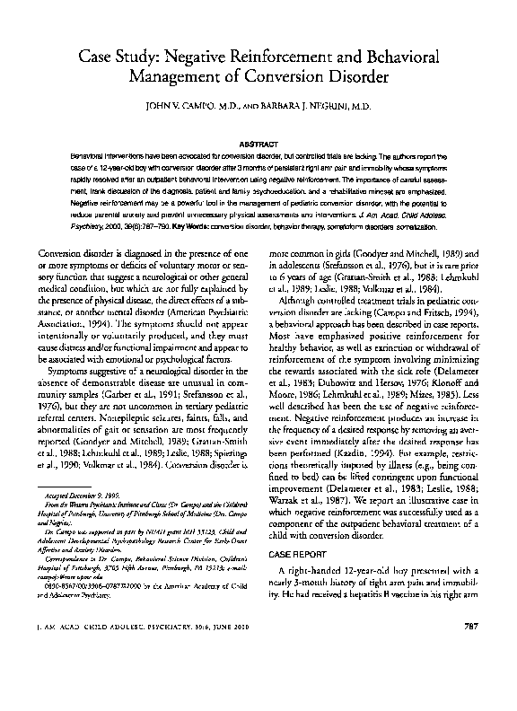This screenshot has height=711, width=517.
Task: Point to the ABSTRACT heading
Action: click(x=258, y=142)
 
